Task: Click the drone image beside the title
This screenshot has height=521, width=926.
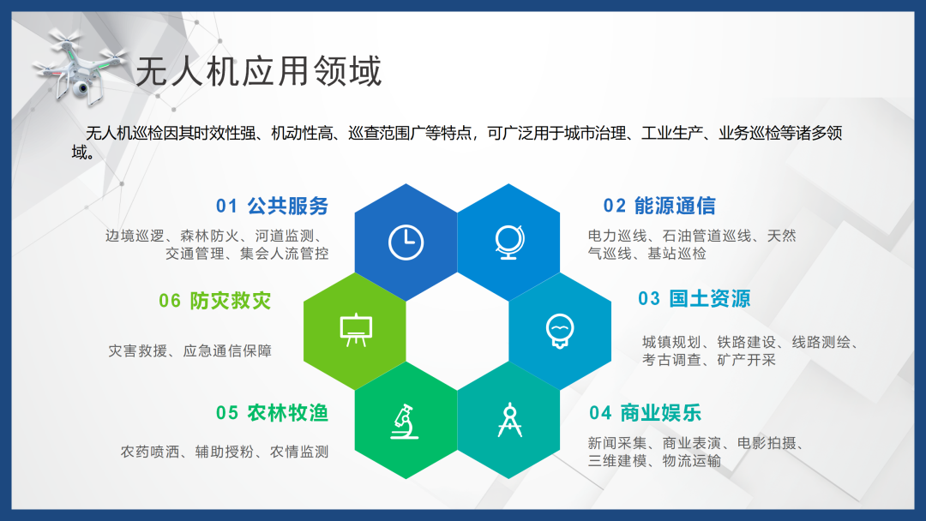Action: [80, 68]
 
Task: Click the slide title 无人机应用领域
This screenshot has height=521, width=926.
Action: [259, 71]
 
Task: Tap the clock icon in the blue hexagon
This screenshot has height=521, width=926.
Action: [406, 242]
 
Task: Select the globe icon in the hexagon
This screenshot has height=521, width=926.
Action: [509, 242]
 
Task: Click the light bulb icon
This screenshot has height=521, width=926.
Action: [560, 331]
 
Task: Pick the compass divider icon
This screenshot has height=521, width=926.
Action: [509, 420]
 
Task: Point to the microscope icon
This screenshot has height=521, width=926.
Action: [405, 422]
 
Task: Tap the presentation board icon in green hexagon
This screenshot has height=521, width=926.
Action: [356, 330]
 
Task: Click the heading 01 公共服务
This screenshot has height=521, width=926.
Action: [273, 206]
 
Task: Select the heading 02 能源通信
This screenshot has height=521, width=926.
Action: [659, 206]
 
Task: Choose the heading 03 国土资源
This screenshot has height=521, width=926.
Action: [694, 298]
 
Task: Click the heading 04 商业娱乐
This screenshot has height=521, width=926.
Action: [645, 413]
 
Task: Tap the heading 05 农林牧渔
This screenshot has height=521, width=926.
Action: [273, 413]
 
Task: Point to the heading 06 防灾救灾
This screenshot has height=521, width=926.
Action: [215, 301]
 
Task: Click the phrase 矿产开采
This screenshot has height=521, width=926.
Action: [747, 360]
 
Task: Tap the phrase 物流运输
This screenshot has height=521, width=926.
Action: [692, 461]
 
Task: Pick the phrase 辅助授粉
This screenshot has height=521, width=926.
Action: [225, 452]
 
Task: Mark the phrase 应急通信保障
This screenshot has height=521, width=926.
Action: [227, 351]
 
